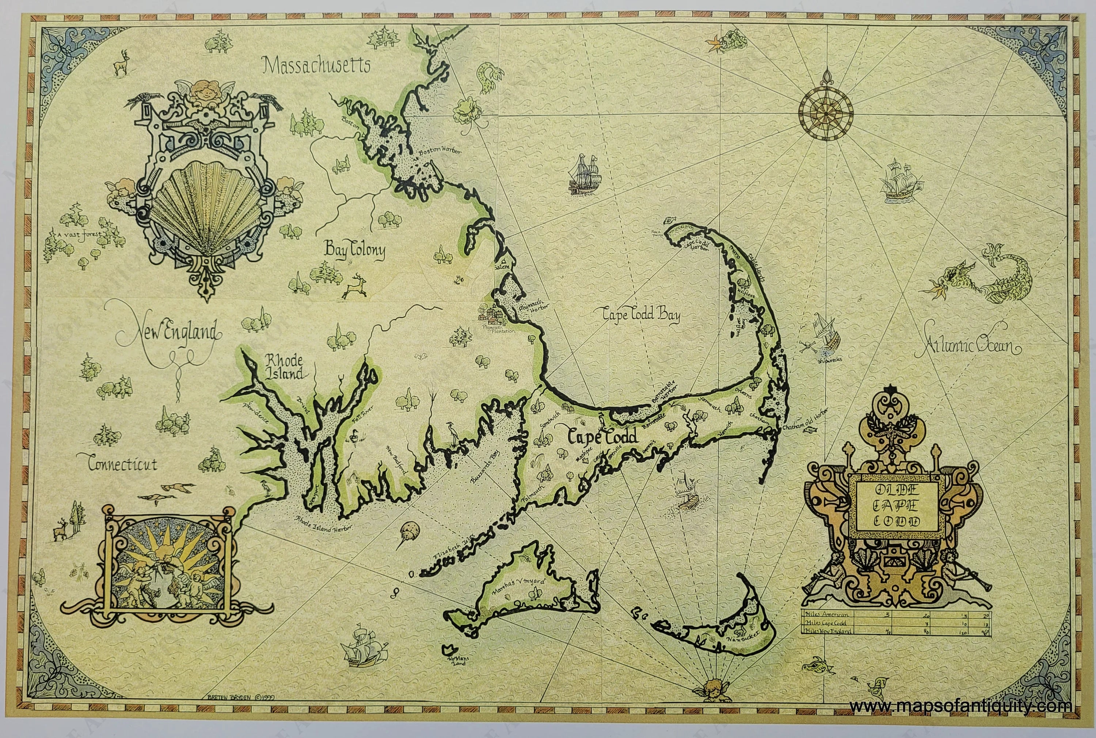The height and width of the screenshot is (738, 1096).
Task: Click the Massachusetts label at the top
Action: click(316, 65)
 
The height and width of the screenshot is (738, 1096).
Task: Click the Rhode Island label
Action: click(283, 367)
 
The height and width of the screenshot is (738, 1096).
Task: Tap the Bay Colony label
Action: click(354, 251)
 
